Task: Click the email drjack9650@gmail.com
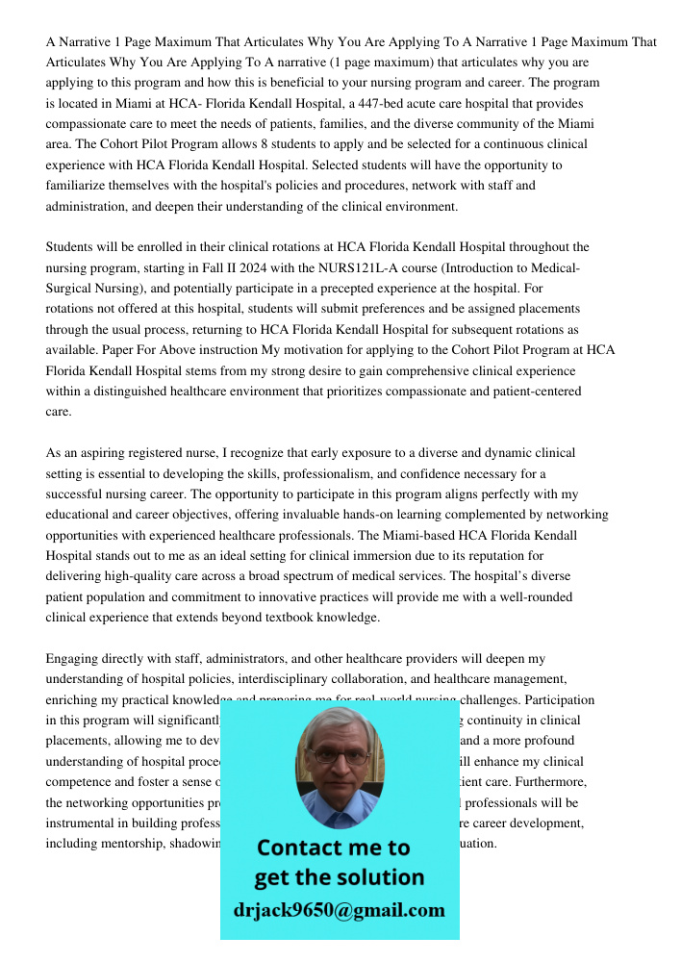(339, 909)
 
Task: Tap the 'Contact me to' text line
(333, 848)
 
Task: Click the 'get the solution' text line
(339, 877)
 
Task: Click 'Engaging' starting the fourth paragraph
(72, 659)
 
